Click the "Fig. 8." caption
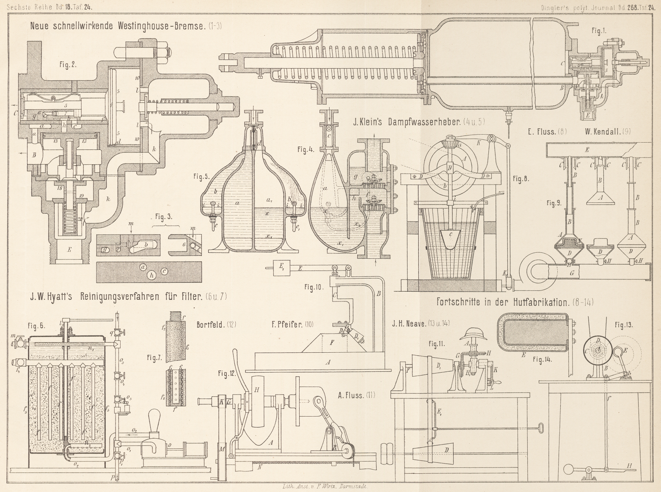click(521, 179)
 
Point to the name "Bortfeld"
click(210, 325)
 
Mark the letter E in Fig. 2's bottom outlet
click(69, 250)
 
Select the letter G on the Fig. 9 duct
click(572, 274)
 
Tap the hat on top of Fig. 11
click(471, 334)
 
